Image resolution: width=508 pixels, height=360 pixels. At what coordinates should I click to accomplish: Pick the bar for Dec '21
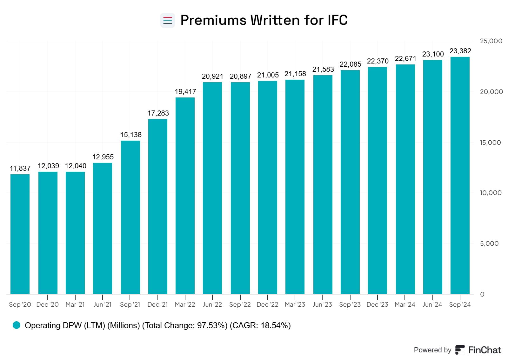click(158, 206)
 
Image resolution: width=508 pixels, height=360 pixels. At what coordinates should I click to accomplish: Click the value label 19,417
click(185, 92)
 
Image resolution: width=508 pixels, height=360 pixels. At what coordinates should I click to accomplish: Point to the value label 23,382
click(460, 51)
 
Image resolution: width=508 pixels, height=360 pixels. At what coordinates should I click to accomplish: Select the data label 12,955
click(103, 157)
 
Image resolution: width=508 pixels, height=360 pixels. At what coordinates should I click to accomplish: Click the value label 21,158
click(295, 74)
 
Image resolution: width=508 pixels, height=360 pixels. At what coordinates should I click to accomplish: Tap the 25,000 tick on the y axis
click(491, 41)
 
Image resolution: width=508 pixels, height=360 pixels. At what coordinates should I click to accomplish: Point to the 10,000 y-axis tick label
click(491, 193)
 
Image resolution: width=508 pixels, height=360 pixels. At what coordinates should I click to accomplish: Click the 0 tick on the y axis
click(482, 294)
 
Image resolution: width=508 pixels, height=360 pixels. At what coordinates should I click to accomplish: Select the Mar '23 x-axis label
click(295, 305)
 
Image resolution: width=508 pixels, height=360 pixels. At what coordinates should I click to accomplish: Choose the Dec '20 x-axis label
click(48, 305)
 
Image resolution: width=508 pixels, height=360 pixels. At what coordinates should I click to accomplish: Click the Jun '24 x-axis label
click(432, 305)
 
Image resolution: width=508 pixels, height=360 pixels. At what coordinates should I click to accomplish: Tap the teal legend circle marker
click(17, 325)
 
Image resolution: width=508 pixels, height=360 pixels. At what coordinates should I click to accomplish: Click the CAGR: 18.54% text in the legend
click(260, 325)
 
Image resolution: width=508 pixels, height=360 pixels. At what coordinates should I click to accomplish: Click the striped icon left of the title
click(167, 20)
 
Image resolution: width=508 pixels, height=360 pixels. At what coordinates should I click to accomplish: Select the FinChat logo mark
click(460, 350)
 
